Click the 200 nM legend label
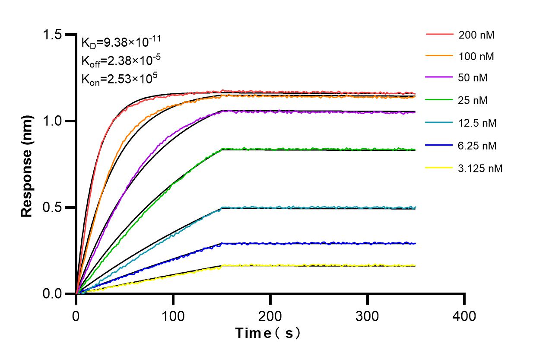click(476, 35)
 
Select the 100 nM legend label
click(476, 57)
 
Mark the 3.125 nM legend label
click(480, 169)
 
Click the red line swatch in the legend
click(440, 34)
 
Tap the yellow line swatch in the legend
click(440, 168)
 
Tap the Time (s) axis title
click(267, 333)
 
